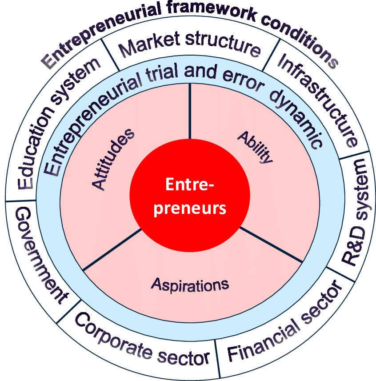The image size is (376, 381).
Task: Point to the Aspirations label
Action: [190, 284]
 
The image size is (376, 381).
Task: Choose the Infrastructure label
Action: [317, 100]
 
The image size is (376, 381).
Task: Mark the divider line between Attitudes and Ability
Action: [190, 111]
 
